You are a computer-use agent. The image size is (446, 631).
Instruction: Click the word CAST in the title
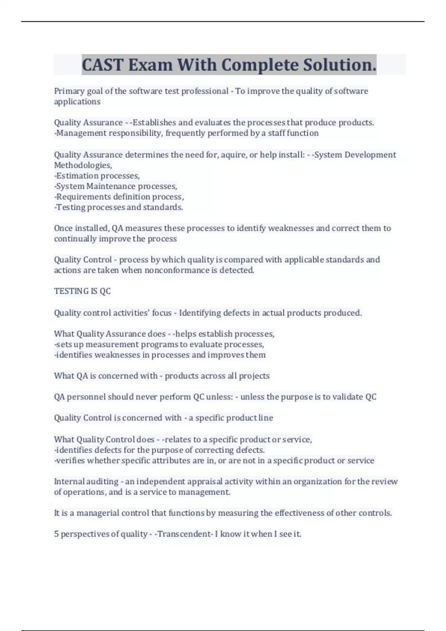pos(102,65)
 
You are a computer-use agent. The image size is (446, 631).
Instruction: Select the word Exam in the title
pos(151,65)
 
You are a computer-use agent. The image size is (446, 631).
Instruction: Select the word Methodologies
pos(83,165)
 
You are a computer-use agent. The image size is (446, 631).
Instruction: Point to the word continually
pos(75,239)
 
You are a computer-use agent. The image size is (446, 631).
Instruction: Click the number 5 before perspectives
pos(56,534)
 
